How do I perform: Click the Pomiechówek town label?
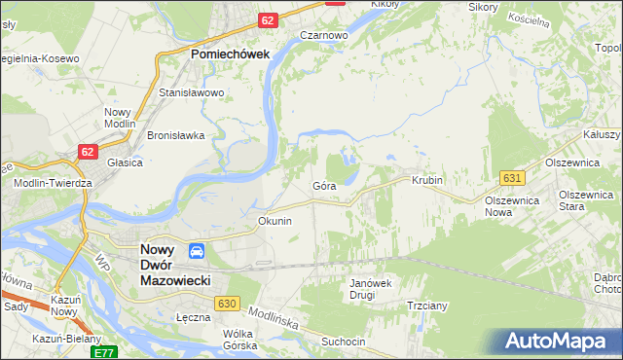[x=230, y=55]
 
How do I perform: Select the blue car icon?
[x=197, y=251]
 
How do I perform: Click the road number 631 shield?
[x=514, y=177]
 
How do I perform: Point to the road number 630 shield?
[x=228, y=305]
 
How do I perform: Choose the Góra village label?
[x=324, y=185]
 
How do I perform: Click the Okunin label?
[x=275, y=221]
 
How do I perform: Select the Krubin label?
[x=426, y=181]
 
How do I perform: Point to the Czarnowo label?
[x=324, y=34]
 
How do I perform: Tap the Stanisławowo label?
[x=192, y=93]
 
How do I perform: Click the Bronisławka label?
[x=175, y=135]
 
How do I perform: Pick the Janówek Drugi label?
[x=369, y=289]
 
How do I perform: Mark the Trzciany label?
[x=426, y=305]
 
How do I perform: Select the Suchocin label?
[x=345, y=342]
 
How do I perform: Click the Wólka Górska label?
[x=239, y=340]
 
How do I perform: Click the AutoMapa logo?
[x=556, y=342]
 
